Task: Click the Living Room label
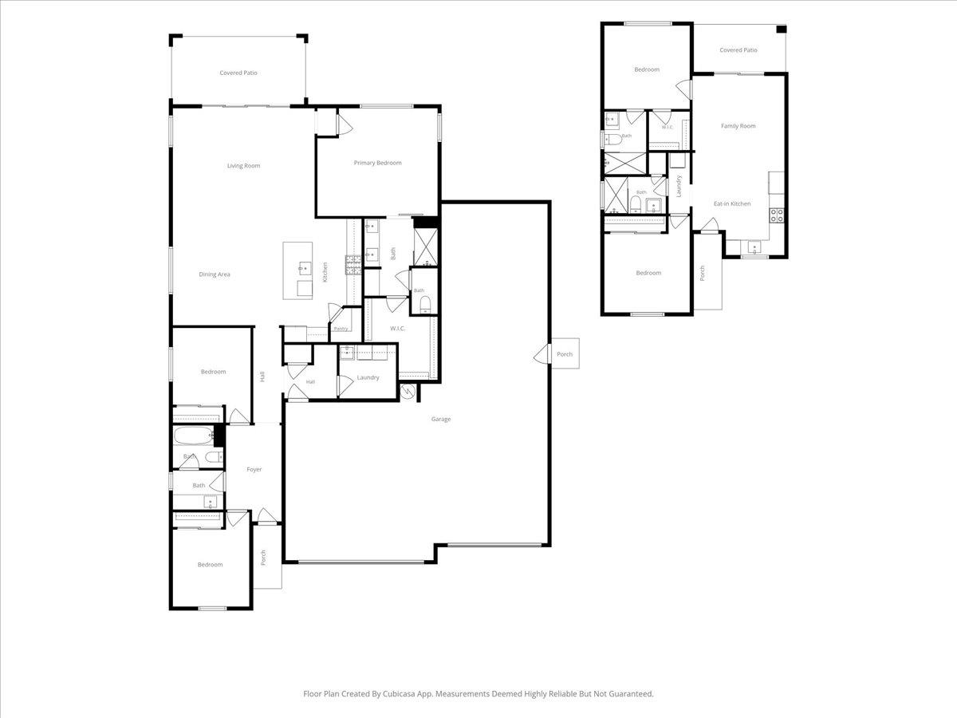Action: coord(243,166)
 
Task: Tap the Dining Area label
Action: coord(214,274)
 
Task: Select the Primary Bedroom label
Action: coord(377,163)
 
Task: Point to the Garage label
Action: coord(441,419)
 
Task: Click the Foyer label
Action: coord(254,470)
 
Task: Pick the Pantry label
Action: coord(341,329)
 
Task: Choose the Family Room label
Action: coord(738,126)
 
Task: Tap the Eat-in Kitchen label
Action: coord(732,203)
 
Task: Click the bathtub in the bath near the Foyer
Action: coord(194,436)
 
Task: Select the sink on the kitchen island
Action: coord(305,268)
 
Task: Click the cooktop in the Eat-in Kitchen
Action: coord(777,215)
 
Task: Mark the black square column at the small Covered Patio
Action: coord(782,30)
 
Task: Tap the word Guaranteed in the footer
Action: coord(633,693)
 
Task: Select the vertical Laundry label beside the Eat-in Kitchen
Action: coord(679,186)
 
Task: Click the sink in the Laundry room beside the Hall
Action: coord(347,353)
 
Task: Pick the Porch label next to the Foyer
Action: coord(263,558)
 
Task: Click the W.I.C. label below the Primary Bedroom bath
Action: coord(397,328)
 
